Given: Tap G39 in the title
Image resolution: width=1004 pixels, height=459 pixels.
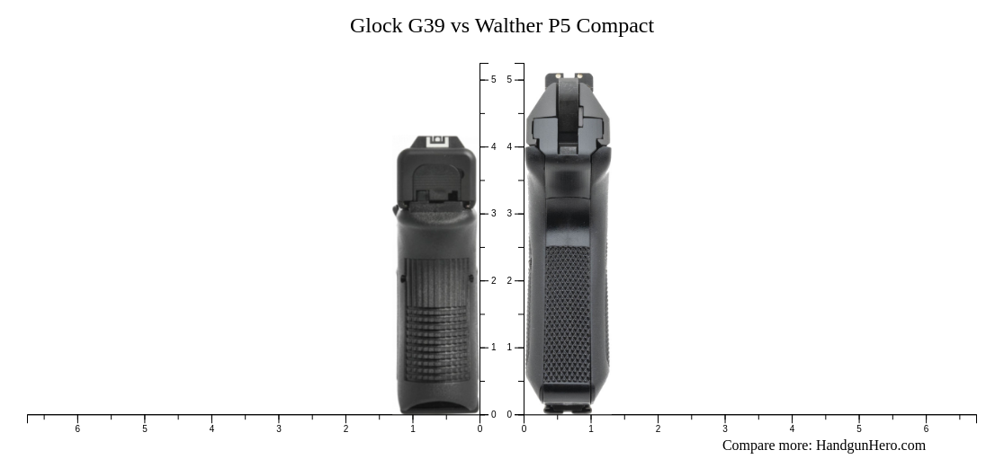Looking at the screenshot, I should (426, 25).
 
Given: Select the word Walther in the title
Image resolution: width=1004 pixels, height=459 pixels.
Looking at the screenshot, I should (507, 25).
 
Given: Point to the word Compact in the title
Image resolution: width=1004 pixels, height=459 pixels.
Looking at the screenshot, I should (615, 25).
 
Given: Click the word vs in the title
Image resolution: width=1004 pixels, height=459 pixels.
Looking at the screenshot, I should (460, 25).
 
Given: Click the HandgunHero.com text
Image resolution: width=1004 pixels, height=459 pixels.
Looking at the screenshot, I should (870, 446).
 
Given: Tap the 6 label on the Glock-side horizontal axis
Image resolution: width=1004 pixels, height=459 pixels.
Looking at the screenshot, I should (77, 429).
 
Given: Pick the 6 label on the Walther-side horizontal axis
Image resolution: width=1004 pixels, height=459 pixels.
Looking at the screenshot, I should (926, 429).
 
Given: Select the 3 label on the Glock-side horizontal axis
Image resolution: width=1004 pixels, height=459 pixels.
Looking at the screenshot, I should (279, 429).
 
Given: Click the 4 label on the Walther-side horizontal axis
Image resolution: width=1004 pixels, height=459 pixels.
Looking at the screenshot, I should (792, 429).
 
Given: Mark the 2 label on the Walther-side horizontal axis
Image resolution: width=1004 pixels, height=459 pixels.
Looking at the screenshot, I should (658, 429).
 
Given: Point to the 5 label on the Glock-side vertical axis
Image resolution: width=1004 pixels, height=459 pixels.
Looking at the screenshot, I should (493, 80).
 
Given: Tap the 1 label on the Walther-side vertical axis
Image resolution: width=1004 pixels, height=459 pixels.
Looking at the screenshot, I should (509, 348).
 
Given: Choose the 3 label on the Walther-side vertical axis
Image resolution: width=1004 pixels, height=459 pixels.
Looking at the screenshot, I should (509, 214).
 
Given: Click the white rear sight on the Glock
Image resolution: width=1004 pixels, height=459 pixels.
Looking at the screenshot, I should (437, 141).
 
